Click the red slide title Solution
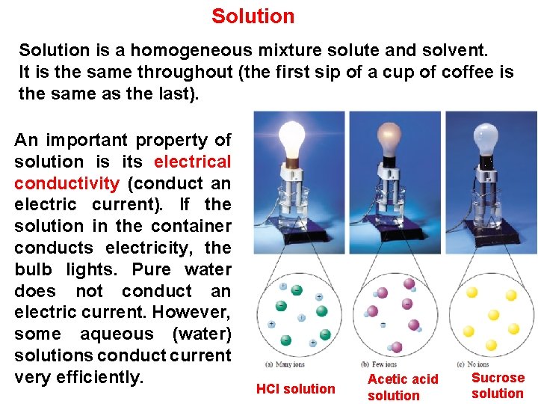253,16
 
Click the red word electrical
192,162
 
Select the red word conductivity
67,183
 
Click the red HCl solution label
295,389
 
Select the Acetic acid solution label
403,388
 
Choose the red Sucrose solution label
498,385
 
